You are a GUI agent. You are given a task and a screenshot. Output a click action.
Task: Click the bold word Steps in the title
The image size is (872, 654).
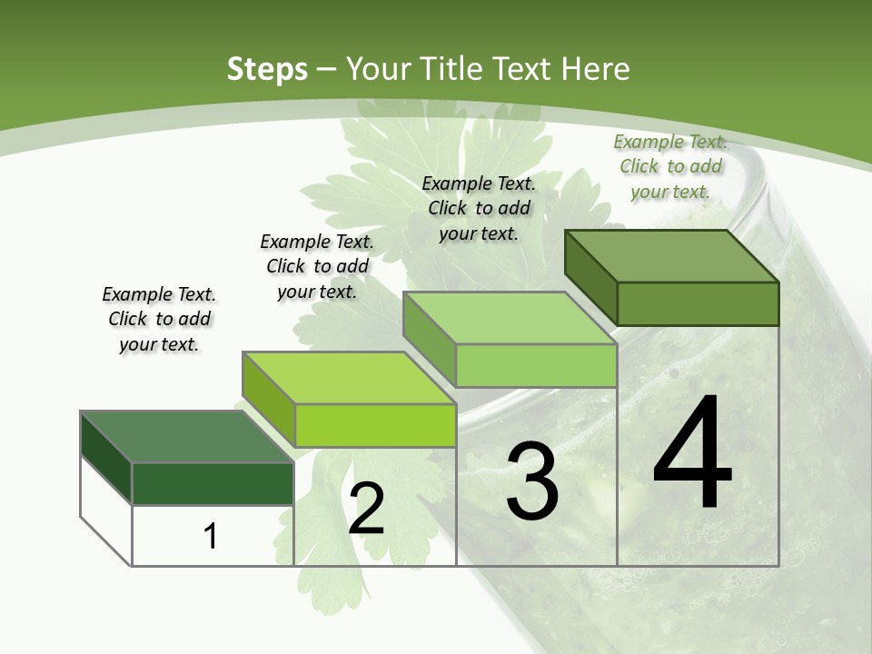tap(267, 69)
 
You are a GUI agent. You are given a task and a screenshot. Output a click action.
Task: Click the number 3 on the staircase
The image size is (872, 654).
tap(532, 481)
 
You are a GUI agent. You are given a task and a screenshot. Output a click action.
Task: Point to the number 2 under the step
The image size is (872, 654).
tap(366, 509)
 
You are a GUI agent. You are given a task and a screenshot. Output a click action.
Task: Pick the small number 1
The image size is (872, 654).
tap(211, 536)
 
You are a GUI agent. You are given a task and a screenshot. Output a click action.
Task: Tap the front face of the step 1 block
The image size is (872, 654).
tap(213, 483)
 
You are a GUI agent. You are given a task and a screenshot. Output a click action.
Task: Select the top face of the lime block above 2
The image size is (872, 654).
tap(348, 378)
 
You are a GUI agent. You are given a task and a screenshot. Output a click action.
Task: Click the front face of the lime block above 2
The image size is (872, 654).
tap(375, 425)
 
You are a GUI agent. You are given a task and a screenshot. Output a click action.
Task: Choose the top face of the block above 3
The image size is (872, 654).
tap(510, 318)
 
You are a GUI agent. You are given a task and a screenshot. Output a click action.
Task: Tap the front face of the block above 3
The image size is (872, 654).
tap(536, 366)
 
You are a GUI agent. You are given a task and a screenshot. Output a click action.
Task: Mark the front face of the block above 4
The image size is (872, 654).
tap(698, 303)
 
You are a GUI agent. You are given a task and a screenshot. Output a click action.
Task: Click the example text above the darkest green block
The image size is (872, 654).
tap(159, 319)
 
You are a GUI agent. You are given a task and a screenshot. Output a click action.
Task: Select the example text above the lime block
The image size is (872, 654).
tap(317, 266)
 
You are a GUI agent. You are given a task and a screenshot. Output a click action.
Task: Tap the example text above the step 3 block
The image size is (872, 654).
tap(479, 208)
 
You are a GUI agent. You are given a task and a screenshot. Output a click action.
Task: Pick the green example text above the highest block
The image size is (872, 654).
tap(670, 166)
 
